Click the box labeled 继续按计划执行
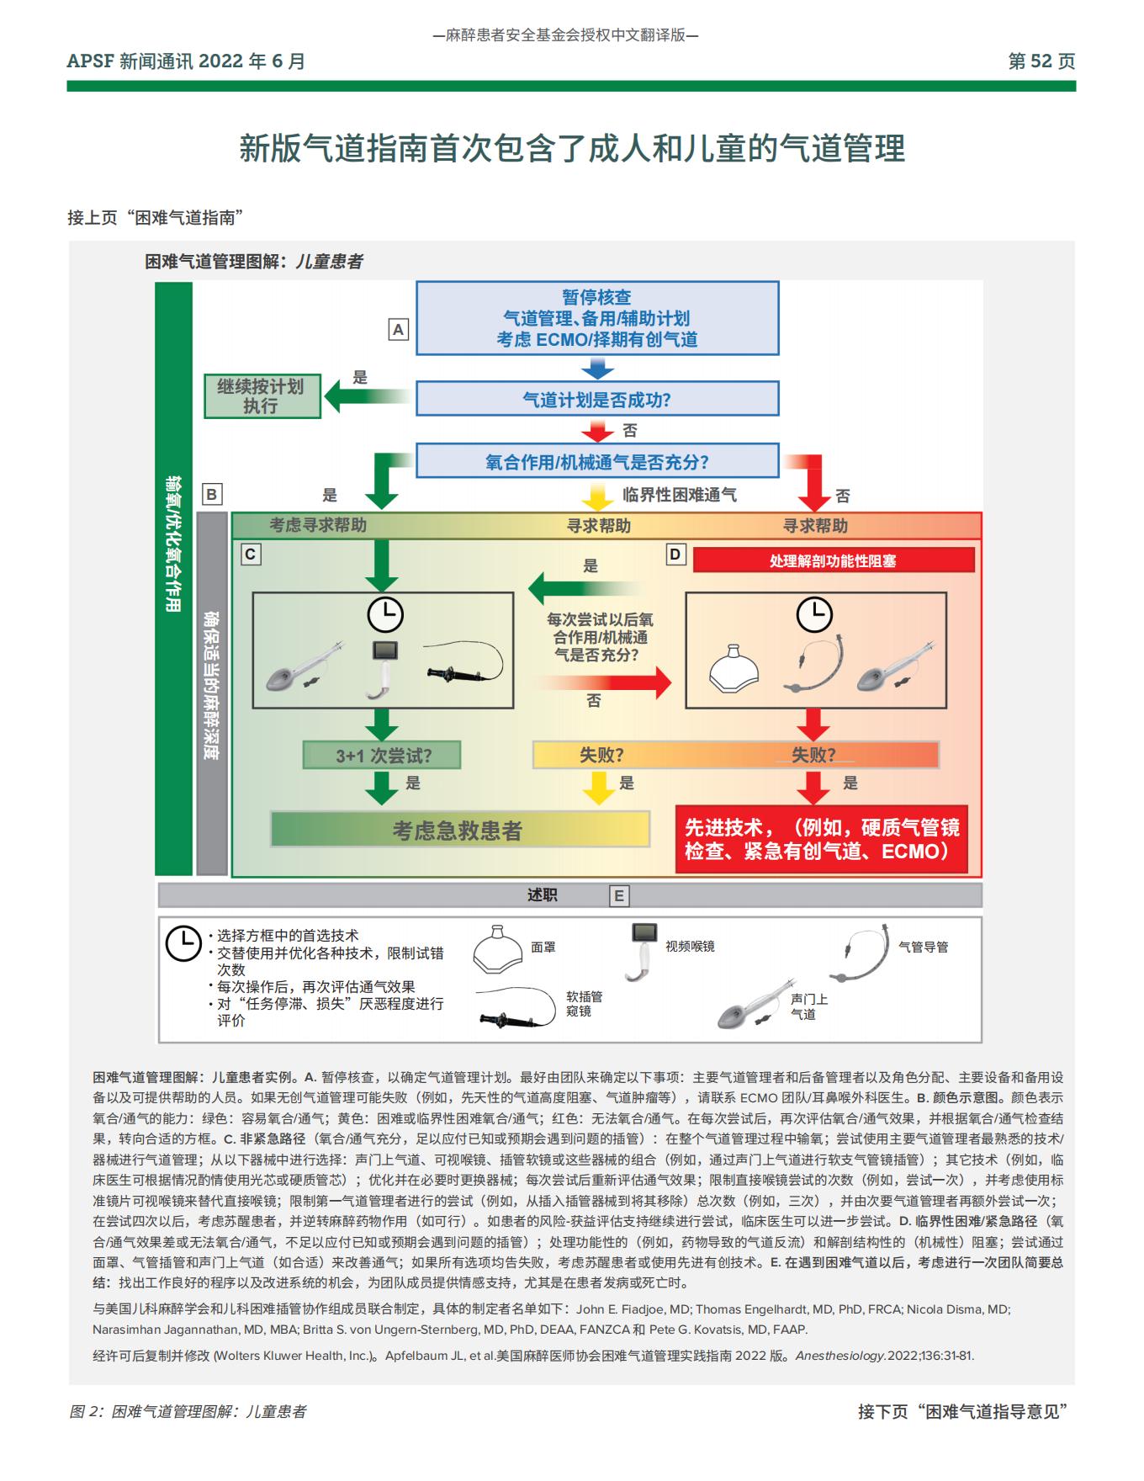(x=262, y=395)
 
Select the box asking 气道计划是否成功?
(x=597, y=399)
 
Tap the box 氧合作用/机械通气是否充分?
(x=597, y=461)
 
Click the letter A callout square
(x=398, y=330)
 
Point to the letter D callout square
(x=675, y=555)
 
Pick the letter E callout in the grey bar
(x=619, y=896)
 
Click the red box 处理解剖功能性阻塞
(x=833, y=560)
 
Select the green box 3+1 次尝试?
(x=383, y=756)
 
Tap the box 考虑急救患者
(x=459, y=831)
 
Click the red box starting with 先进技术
(x=822, y=839)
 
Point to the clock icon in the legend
(x=183, y=943)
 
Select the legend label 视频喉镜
(x=690, y=947)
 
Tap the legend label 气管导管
(x=923, y=947)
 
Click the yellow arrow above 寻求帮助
(x=598, y=497)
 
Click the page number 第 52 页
(x=1041, y=61)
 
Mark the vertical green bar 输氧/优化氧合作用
(x=173, y=579)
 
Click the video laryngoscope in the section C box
(x=384, y=668)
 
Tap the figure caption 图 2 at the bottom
(x=188, y=1412)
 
